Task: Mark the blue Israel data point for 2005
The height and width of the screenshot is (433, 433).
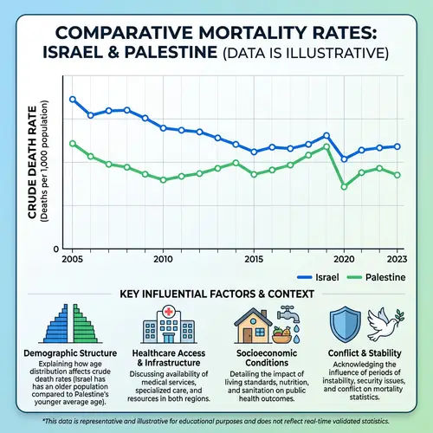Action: point(73,100)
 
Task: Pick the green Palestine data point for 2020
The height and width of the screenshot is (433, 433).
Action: point(345,186)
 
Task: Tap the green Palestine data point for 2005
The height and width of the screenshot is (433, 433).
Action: point(73,144)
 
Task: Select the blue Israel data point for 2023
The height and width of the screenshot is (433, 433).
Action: point(397,146)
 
